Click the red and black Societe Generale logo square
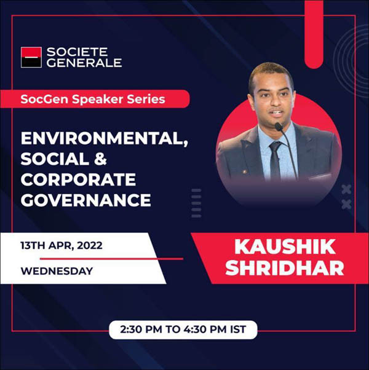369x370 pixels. click(31, 57)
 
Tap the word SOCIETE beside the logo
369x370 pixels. click(77, 52)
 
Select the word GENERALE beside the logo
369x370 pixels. click(84, 63)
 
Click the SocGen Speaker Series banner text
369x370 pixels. click(93, 99)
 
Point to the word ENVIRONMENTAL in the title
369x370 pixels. click(105, 139)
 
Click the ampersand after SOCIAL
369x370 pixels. click(100, 159)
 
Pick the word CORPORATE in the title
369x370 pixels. click(78, 179)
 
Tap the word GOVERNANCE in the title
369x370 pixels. click(85, 200)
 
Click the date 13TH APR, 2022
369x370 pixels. click(61, 246)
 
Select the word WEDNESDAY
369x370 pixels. click(57, 271)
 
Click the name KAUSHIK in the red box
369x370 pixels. click(285, 247)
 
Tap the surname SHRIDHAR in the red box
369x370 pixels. click(285, 268)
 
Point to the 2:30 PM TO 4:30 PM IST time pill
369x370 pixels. click(183, 329)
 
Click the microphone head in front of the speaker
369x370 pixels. click(279, 127)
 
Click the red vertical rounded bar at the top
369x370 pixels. click(314, 34)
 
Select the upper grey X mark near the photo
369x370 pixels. click(346, 189)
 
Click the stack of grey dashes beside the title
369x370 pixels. click(196, 203)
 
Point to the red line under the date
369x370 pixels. click(111, 259)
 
